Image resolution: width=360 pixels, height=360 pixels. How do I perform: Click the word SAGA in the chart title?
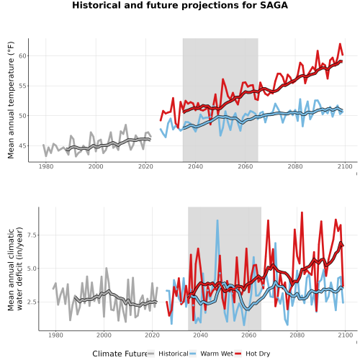pos(274,5)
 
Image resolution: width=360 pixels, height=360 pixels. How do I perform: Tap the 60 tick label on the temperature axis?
pos(22,55)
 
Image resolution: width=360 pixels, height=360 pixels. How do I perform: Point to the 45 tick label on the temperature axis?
pos(22,145)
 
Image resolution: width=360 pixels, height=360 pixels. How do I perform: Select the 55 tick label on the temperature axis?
pos(22,86)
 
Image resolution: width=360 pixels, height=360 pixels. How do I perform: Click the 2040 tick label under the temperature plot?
pos(195,166)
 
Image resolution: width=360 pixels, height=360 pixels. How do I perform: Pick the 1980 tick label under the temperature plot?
pos(46,166)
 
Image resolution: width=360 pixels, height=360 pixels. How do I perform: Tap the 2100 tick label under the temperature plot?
pos(345,166)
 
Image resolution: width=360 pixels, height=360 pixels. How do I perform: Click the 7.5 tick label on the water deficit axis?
pos(32,235)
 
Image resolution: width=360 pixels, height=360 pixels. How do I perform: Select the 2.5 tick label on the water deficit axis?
pos(32,302)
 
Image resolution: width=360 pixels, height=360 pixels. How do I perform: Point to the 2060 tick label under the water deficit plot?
pos(248,335)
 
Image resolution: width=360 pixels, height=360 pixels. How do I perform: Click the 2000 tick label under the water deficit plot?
pos(104,335)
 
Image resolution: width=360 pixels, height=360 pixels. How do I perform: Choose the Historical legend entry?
pos(168,354)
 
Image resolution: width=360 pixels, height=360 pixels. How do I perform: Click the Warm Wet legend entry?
pos(212,354)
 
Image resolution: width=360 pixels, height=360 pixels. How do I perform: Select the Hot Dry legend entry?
pos(253,354)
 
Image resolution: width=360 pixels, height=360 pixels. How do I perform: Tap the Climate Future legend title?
pos(120,354)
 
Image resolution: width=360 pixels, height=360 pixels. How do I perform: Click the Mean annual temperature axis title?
pos(11,100)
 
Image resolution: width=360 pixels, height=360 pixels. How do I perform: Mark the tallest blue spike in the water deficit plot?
pos(217,220)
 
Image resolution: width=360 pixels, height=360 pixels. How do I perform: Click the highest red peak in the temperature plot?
pos(340,44)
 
